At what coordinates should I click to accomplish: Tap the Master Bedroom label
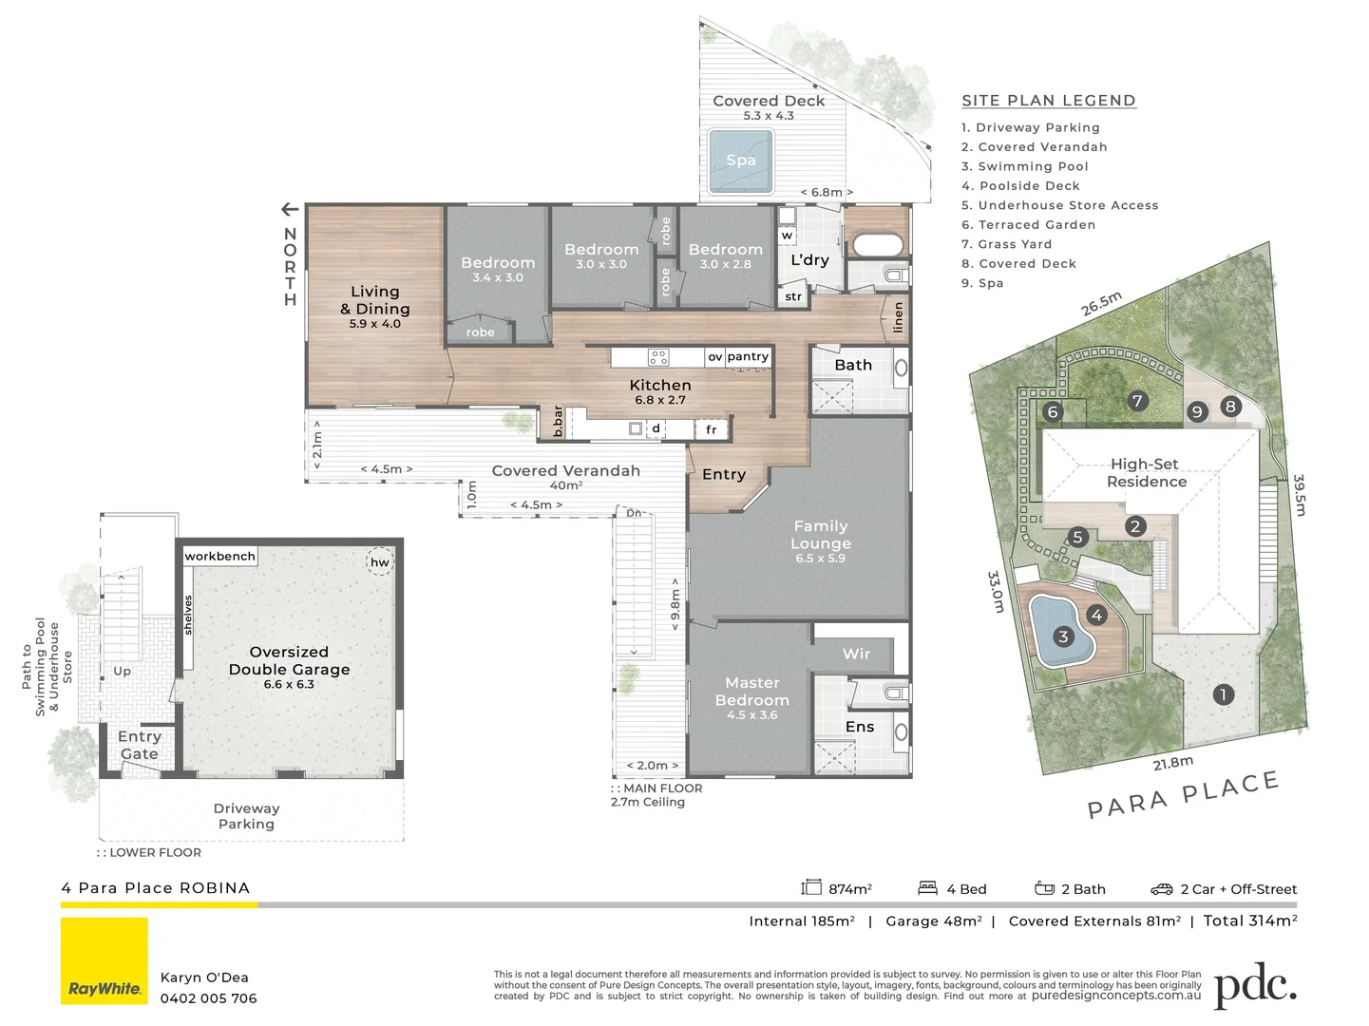[x=751, y=692]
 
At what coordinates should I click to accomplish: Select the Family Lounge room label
[x=821, y=535]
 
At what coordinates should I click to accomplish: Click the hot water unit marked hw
[x=379, y=561]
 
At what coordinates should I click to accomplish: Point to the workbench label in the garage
[x=219, y=556]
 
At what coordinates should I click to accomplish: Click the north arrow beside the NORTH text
[x=290, y=210]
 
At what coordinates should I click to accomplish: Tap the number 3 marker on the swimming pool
[x=1063, y=636]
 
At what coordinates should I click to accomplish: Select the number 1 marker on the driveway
[x=1224, y=694]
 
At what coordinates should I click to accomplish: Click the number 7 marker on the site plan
[x=1137, y=401]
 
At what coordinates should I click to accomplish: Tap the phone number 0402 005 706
[x=208, y=998]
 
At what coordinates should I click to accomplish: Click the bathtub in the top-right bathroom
[x=877, y=245]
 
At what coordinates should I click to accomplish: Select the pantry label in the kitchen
[x=748, y=356]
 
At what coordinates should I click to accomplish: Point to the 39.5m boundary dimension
[x=1300, y=495]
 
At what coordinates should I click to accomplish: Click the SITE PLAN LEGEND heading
[x=1048, y=101]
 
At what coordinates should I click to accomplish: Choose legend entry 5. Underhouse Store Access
[x=1059, y=205]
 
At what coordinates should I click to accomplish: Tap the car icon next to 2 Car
[x=1162, y=889]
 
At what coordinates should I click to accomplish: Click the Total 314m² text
[x=1249, y=921]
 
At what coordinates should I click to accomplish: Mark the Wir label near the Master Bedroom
[x=856, y=654]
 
